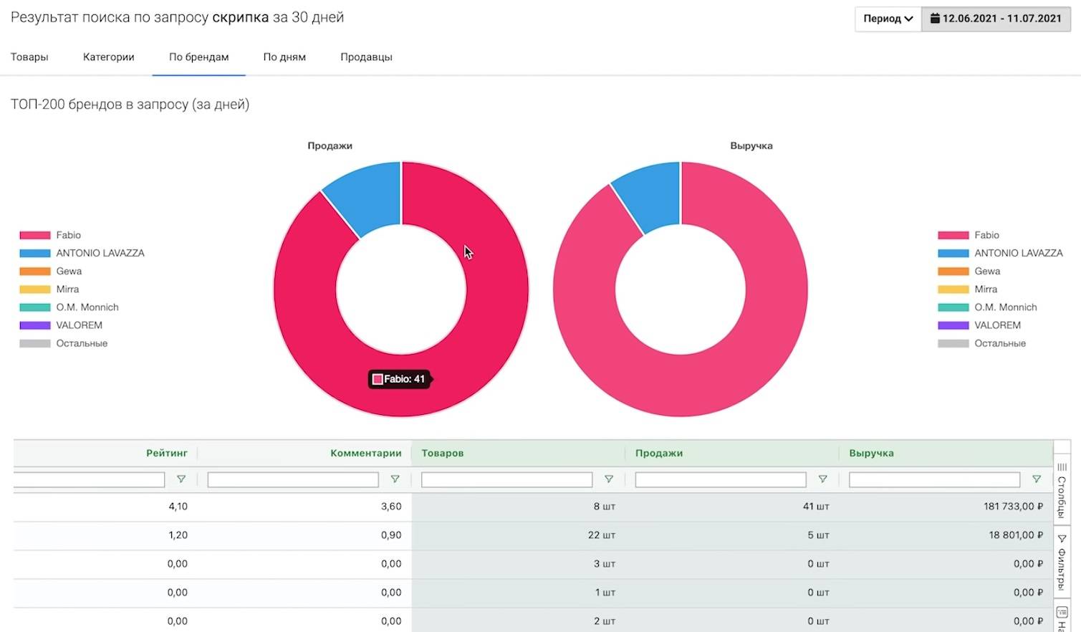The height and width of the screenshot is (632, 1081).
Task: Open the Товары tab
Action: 29,57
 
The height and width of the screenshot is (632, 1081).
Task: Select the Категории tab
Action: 108,57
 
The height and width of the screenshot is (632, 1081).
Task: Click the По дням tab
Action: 284,57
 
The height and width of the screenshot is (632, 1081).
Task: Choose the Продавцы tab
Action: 366,57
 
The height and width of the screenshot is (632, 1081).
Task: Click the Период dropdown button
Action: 888,19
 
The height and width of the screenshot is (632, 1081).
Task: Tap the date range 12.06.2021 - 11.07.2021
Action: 996,19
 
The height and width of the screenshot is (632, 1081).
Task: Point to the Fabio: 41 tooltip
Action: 400,379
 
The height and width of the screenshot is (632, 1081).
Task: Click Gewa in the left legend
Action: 69,271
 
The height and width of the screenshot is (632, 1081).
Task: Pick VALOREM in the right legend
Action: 997,325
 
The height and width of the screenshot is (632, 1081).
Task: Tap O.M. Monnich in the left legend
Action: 87,307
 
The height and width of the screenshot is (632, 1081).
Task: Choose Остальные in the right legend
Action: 999,343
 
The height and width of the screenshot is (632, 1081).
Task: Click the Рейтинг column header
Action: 167,453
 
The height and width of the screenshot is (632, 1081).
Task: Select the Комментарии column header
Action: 365,453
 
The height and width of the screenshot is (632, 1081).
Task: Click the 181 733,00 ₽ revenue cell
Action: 1013,507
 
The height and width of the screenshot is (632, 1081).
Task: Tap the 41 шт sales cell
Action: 815,507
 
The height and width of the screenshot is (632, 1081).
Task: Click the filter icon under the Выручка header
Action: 1036,479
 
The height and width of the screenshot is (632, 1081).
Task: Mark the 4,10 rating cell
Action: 178,507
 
